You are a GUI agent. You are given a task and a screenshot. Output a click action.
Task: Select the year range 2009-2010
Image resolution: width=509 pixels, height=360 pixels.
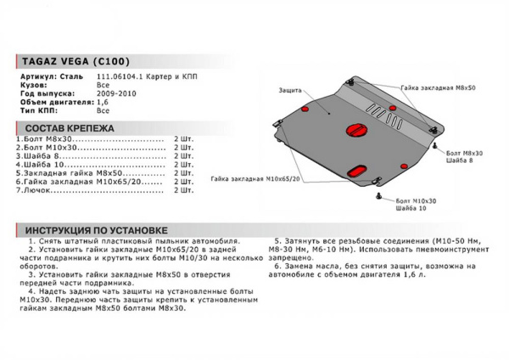coord(115,94)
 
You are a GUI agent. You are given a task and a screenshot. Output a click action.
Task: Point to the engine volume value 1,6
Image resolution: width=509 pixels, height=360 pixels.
coord(103,102)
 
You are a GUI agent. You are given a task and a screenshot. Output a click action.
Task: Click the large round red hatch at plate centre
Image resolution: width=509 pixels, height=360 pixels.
coord(354,129)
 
